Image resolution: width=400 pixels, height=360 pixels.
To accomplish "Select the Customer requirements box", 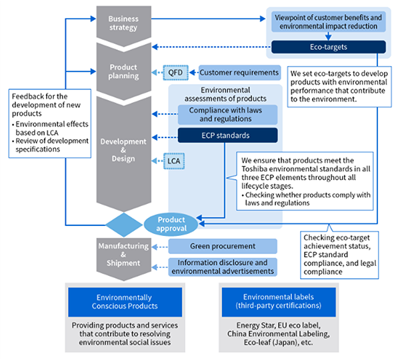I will click(238, 72).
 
